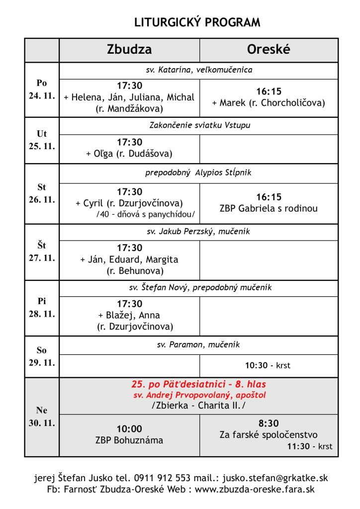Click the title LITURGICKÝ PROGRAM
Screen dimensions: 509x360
point(197,22)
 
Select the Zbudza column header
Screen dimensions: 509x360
point(129,50)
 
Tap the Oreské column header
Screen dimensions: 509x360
point(269,50)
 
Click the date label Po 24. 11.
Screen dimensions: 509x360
point(42,89)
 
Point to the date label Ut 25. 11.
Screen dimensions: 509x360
point(42,141)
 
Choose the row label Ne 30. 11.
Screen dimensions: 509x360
point(42,417)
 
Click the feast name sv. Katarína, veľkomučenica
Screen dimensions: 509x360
point(199,70)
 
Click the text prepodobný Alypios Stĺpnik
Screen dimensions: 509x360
point(199,173)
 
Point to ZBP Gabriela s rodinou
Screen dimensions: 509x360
point(269,208)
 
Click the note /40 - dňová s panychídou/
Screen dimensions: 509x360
point(146,214)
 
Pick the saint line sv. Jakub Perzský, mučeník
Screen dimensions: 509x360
point(199,231)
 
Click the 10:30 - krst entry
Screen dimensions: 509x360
point(268,365)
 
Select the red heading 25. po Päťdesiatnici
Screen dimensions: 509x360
point(198,384)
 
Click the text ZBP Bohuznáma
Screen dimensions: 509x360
point(129,440)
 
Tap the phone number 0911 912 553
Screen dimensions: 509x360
point(163,478)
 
